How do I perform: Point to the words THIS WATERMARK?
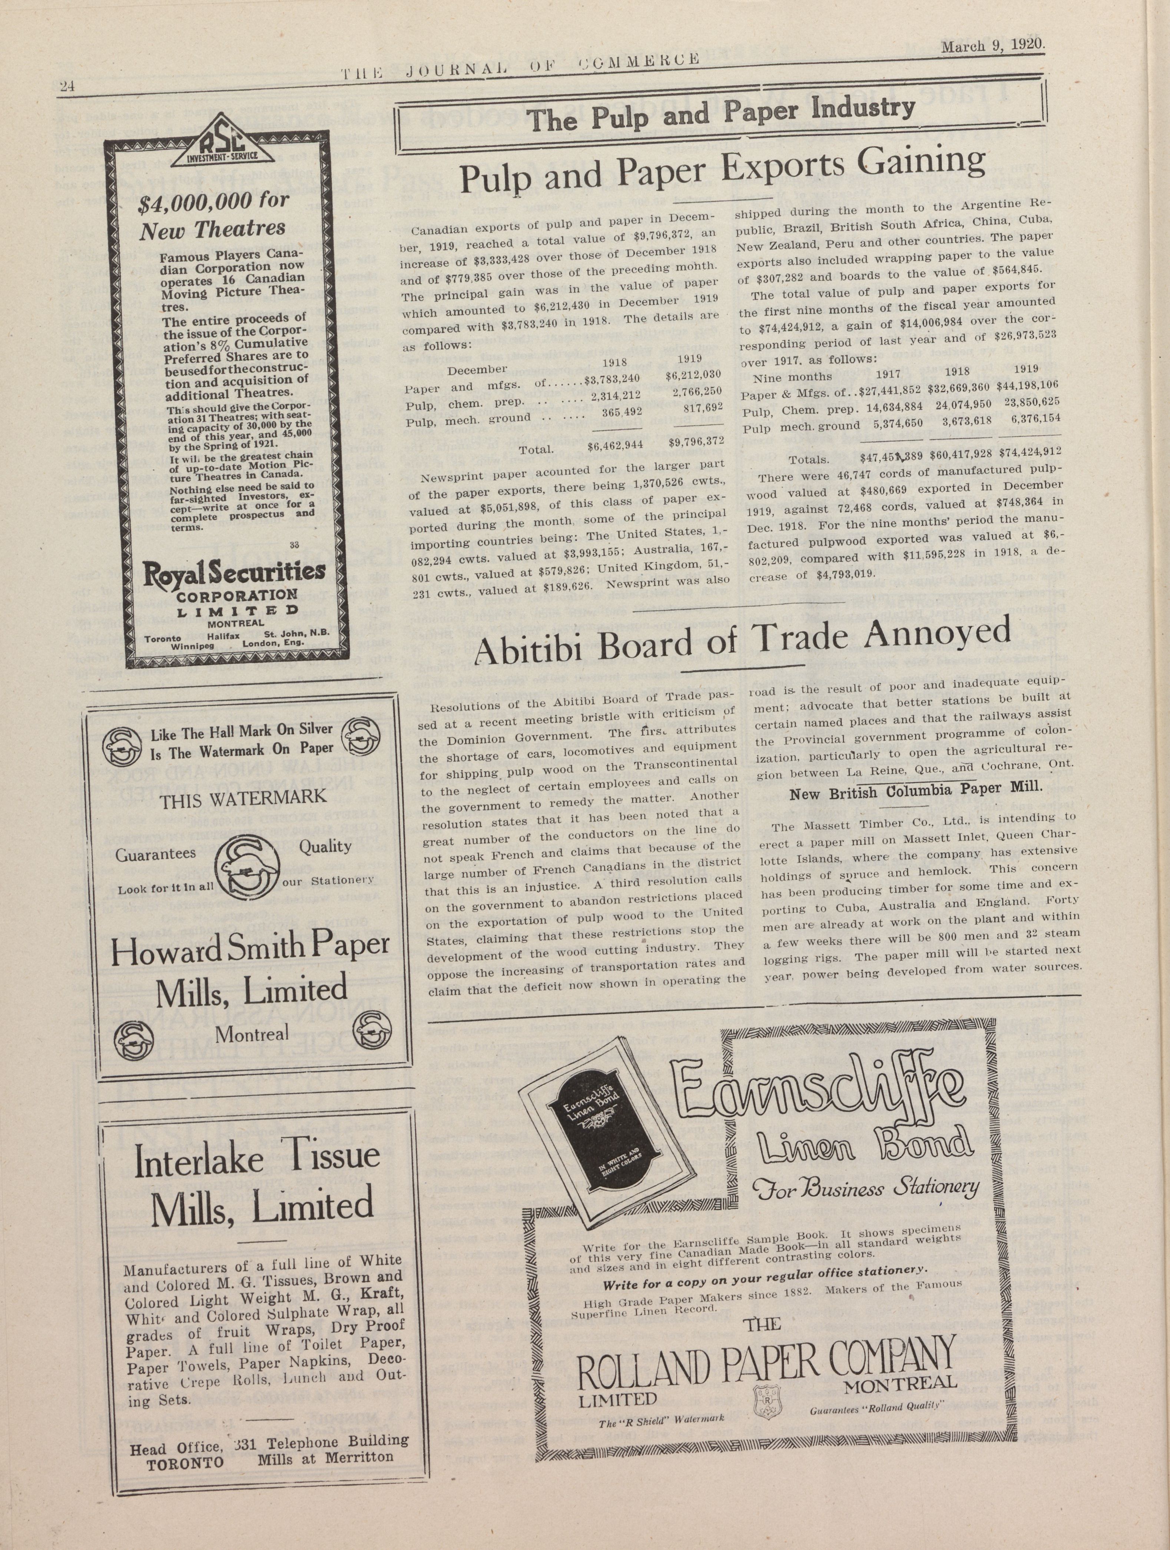pyautogui.click(x=243, y=799)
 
